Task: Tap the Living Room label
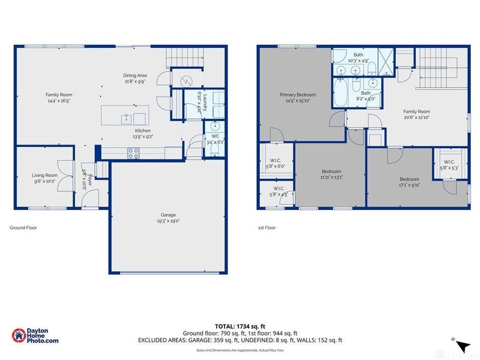[45, 175]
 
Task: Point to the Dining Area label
[136, 75]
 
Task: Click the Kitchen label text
[142, 130]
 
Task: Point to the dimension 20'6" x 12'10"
[416, 117]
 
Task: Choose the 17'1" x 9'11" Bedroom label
[410, 179]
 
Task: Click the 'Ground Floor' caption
[23, 228]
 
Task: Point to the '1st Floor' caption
[265, 228]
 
